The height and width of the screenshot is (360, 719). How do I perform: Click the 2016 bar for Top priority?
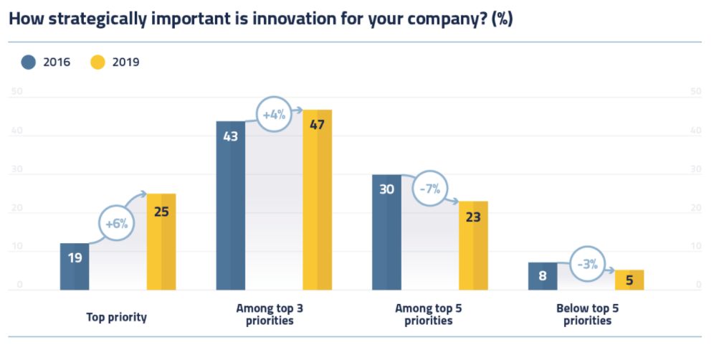point(75,267)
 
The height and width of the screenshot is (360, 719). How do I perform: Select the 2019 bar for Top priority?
point(161,242)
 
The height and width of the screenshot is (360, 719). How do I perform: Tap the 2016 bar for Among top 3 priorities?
point(231,206)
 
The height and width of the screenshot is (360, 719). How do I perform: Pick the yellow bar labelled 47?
point(317,200)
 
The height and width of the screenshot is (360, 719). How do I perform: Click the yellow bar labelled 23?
point(473,246)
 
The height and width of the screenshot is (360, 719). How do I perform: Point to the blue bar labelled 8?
point(543,276)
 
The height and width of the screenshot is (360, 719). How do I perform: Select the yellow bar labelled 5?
point(629,280)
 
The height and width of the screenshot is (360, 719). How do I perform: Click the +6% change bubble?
point(116,223)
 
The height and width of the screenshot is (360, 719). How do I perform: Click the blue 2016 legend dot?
point(29,62)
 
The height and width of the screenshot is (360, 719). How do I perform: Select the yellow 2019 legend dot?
point(97,62)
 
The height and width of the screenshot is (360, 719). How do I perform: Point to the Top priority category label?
point(116,316)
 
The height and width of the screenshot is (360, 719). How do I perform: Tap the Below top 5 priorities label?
point(587,315)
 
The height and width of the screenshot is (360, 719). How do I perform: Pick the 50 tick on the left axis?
point(18,92)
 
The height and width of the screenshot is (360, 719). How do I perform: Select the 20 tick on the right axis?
point(695,209)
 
